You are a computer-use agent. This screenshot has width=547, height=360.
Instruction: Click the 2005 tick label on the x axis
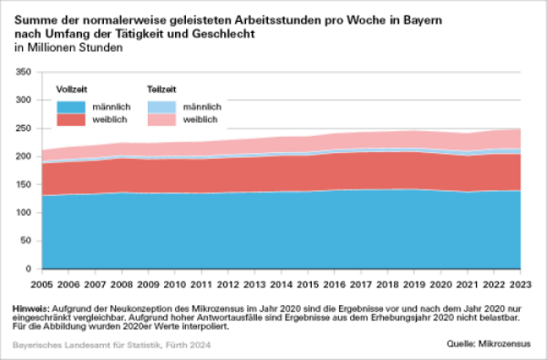42,284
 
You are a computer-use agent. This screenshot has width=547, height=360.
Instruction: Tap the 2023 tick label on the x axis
520,284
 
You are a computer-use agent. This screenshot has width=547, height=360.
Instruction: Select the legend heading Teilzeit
160,90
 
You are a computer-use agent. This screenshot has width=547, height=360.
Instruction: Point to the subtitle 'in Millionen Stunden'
69,47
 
